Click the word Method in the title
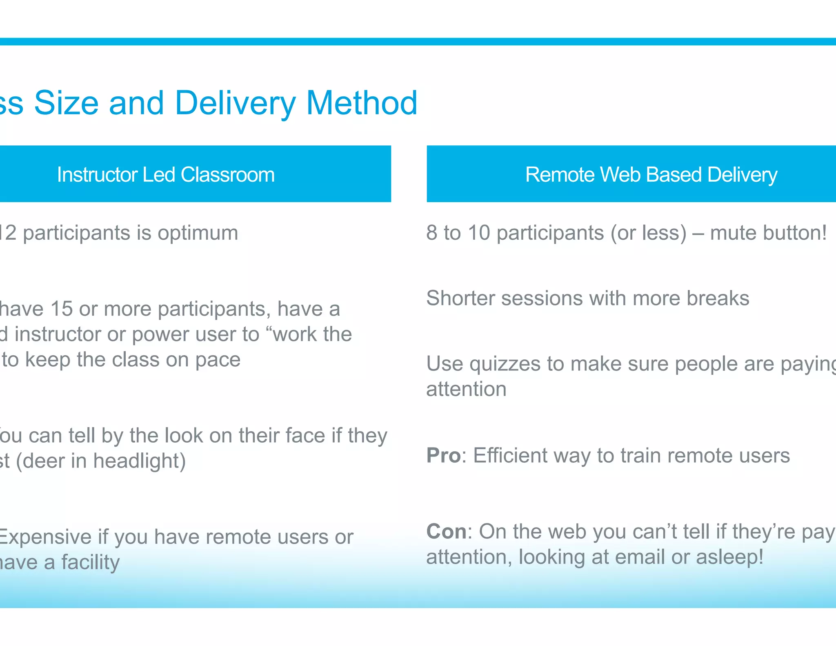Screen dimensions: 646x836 (x=361, y=103)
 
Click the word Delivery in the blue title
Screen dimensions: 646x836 (x=235, y=103)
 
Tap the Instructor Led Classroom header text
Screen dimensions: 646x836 (x=166, y=175)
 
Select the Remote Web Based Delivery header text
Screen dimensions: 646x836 (x=651, y=175)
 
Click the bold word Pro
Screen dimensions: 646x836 (x=443, y=455)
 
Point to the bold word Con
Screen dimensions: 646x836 (x=446, y=532)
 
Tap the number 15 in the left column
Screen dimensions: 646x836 (x=61, y=309)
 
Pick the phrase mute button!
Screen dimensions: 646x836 (x=768, y=233)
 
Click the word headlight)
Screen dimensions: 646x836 (x=139, y=461)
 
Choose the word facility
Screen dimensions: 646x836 (x=90, y=563)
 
